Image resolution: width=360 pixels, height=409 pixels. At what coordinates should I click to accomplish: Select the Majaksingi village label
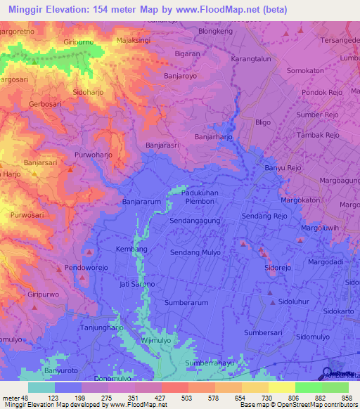[134, 41]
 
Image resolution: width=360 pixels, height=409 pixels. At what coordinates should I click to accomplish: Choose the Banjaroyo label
[182, 72]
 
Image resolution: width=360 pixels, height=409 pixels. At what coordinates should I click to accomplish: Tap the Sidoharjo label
[93, 92]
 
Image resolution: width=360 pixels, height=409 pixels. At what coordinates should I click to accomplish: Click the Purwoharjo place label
[94, 155]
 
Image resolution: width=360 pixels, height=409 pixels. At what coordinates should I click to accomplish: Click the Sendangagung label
[195, 221]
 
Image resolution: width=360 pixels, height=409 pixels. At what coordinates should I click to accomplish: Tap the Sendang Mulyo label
[195, 252]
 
